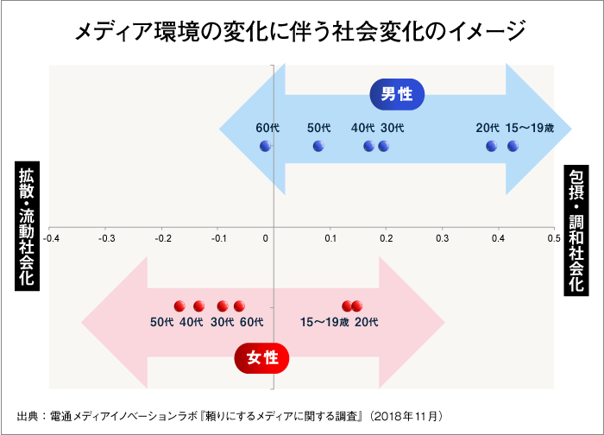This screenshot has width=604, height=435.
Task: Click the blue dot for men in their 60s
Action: point(266,146)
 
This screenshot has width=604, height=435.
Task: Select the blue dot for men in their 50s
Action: point(318,146)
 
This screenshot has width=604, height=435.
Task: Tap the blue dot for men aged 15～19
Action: point(513,146)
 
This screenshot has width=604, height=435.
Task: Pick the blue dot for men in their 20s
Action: point(492,146)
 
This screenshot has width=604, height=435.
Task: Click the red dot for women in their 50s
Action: point(179,306)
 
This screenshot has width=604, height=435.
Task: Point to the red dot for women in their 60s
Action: point(239,306)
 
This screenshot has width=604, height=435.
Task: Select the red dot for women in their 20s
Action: point(357,306)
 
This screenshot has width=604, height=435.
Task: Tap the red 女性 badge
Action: point(261,357)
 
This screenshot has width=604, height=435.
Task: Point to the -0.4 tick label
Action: point(51,236)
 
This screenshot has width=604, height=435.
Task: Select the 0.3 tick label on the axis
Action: point(443,236)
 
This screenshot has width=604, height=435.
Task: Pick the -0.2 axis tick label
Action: point(161,236)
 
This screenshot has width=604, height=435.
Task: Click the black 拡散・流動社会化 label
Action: point(27,226)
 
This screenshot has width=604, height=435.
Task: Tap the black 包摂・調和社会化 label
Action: point(576,230)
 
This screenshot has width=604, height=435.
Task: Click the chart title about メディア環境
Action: point(300,33)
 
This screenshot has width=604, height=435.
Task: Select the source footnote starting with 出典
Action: point(230,415)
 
